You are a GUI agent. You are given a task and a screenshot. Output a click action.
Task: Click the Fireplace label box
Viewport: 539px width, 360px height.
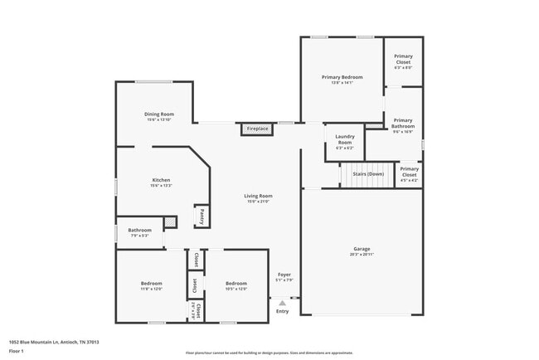(257, 129)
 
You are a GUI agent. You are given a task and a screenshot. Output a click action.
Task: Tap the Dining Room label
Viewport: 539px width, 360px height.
(158, 114)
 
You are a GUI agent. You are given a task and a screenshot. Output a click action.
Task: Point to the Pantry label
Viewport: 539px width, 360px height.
(202, 216)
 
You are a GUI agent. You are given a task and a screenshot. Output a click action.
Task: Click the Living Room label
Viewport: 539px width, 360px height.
(258, 196)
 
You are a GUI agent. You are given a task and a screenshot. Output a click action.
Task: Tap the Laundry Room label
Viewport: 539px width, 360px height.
(344, 139)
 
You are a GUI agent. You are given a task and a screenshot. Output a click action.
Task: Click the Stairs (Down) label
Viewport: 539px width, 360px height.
(368, 174)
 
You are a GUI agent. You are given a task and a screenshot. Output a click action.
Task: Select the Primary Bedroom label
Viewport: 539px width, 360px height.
(342, 77)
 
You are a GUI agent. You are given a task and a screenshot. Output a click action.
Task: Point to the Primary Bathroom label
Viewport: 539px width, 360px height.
(403, 124)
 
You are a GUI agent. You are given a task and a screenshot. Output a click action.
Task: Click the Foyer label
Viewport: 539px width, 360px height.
(284, 274)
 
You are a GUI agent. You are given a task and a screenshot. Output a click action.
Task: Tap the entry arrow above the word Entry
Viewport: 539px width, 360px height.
(282, 304)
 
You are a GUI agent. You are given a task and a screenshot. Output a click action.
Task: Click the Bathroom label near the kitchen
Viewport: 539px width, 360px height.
(139, 230)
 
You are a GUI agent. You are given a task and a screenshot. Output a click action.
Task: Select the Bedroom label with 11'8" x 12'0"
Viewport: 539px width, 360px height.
(152, 284)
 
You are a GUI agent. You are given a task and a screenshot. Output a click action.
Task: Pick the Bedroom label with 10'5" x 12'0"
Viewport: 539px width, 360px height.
(236, 284)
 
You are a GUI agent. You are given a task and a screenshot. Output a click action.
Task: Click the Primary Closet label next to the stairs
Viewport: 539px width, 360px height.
(409, 171)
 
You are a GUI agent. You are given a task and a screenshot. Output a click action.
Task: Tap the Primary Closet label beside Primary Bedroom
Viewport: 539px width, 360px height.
(403, 60)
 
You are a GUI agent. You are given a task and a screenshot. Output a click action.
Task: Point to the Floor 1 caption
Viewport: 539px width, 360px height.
(17, 351)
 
